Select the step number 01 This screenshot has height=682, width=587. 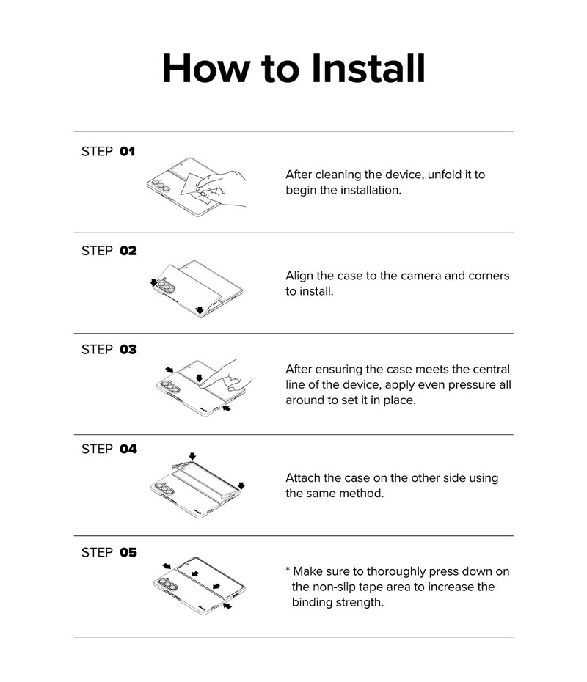[128, 151]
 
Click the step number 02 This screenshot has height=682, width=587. [128, 251]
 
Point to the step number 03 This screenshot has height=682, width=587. [128, 349]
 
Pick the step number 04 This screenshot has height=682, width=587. [128, 449]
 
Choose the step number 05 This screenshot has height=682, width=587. [128, 552]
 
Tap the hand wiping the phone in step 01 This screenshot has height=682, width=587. [222, 188]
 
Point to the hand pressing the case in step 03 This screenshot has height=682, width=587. [227, 376]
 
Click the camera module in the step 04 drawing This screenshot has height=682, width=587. [163, 488]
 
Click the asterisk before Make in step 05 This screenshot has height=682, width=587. [288, 570]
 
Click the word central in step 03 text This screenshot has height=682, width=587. [490, 370]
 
